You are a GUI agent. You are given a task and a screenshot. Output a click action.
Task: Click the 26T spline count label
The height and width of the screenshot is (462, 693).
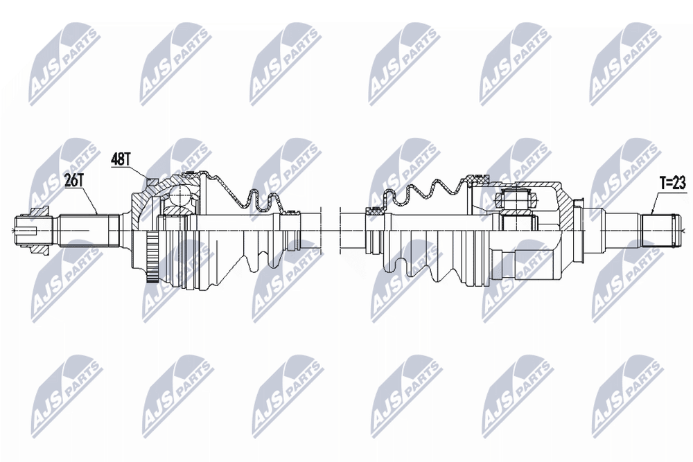click(74, 180)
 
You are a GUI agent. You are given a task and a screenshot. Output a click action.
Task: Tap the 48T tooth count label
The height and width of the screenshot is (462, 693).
click(120, 160)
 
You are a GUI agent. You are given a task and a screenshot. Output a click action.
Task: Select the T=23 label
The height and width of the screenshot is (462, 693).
click(673, 184)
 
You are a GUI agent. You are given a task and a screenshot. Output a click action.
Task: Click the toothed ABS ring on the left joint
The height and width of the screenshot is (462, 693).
click(153, 258)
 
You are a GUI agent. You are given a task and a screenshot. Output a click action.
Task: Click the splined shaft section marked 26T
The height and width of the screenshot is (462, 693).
click(89, 230)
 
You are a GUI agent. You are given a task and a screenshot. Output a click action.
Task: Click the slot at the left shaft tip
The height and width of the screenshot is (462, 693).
click(26, 230)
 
